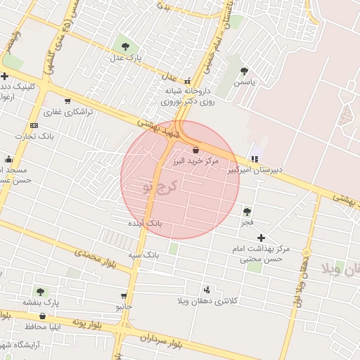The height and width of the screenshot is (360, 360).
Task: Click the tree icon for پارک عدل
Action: tap(125, 46)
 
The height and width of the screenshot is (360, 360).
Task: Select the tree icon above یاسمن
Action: tap(244, 71)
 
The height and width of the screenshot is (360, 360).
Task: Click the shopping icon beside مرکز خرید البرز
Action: tap(195, 150)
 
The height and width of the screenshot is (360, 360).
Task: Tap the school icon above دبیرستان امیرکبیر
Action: tap(254, 158)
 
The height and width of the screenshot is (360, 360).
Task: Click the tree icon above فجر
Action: tap(247, 211)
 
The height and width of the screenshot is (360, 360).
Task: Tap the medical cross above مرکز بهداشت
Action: tap(262, 238)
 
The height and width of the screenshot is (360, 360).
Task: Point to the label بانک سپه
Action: tap(144, 253)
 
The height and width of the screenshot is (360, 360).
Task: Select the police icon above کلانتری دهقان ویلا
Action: tap(207, 289)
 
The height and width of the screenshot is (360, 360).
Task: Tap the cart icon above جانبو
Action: tap(124, 296)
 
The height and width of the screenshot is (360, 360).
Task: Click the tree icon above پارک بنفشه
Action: tap(40, 291)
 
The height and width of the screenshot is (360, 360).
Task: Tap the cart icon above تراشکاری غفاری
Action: tap(67, 101)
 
